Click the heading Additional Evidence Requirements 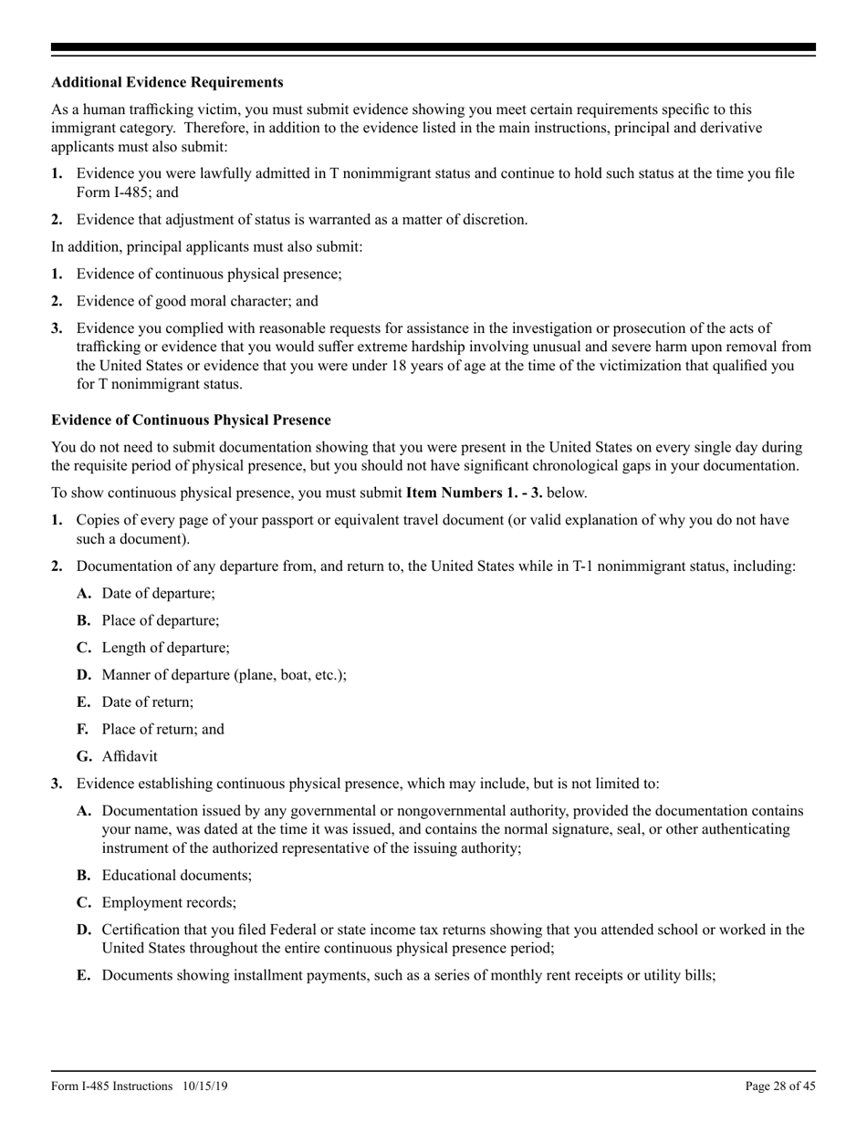pos(167,82)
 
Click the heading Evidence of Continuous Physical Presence pos(191,420)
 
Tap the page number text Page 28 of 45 pos(780,1086)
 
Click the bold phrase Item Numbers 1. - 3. pos(474,493)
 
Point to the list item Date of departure pos(159,593)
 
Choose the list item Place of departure pos(161,620)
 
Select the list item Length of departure pos(165,648)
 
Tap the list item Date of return pos(148,702)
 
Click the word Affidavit pos(130,756)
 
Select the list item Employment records pos(169,902)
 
